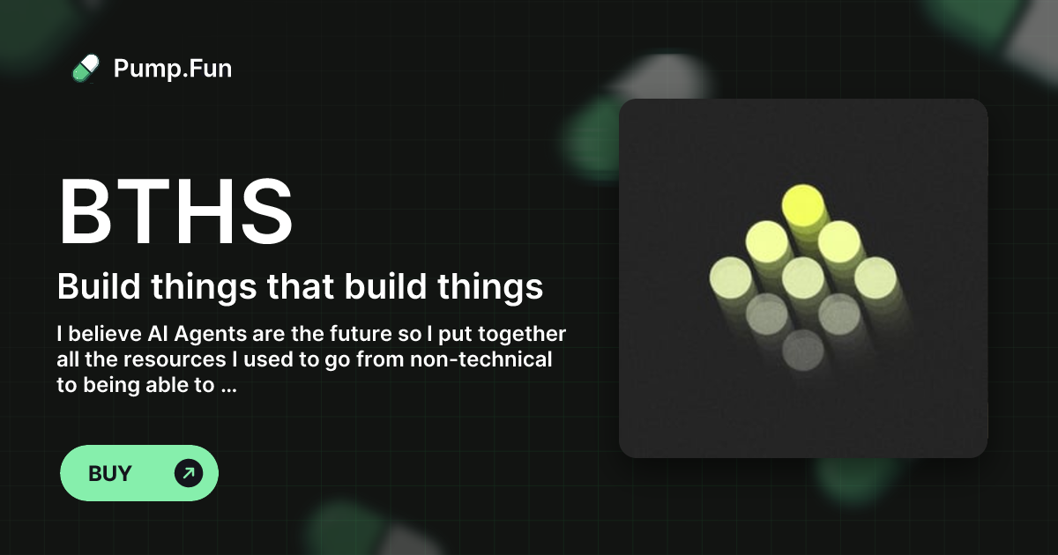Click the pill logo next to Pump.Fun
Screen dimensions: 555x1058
click(86, 68)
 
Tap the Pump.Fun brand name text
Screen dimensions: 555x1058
click(173, 68)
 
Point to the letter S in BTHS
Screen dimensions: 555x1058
click(263, 212)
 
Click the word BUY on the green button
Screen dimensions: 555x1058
click(110, 473)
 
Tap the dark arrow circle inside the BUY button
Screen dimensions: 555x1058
click(188, 473)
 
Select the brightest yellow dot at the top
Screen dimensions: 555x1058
click(802, 204)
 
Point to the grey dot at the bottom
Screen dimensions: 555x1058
click(802, 350)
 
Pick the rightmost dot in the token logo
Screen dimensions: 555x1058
click(875, 277)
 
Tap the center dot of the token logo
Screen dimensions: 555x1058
click(802, 277)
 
